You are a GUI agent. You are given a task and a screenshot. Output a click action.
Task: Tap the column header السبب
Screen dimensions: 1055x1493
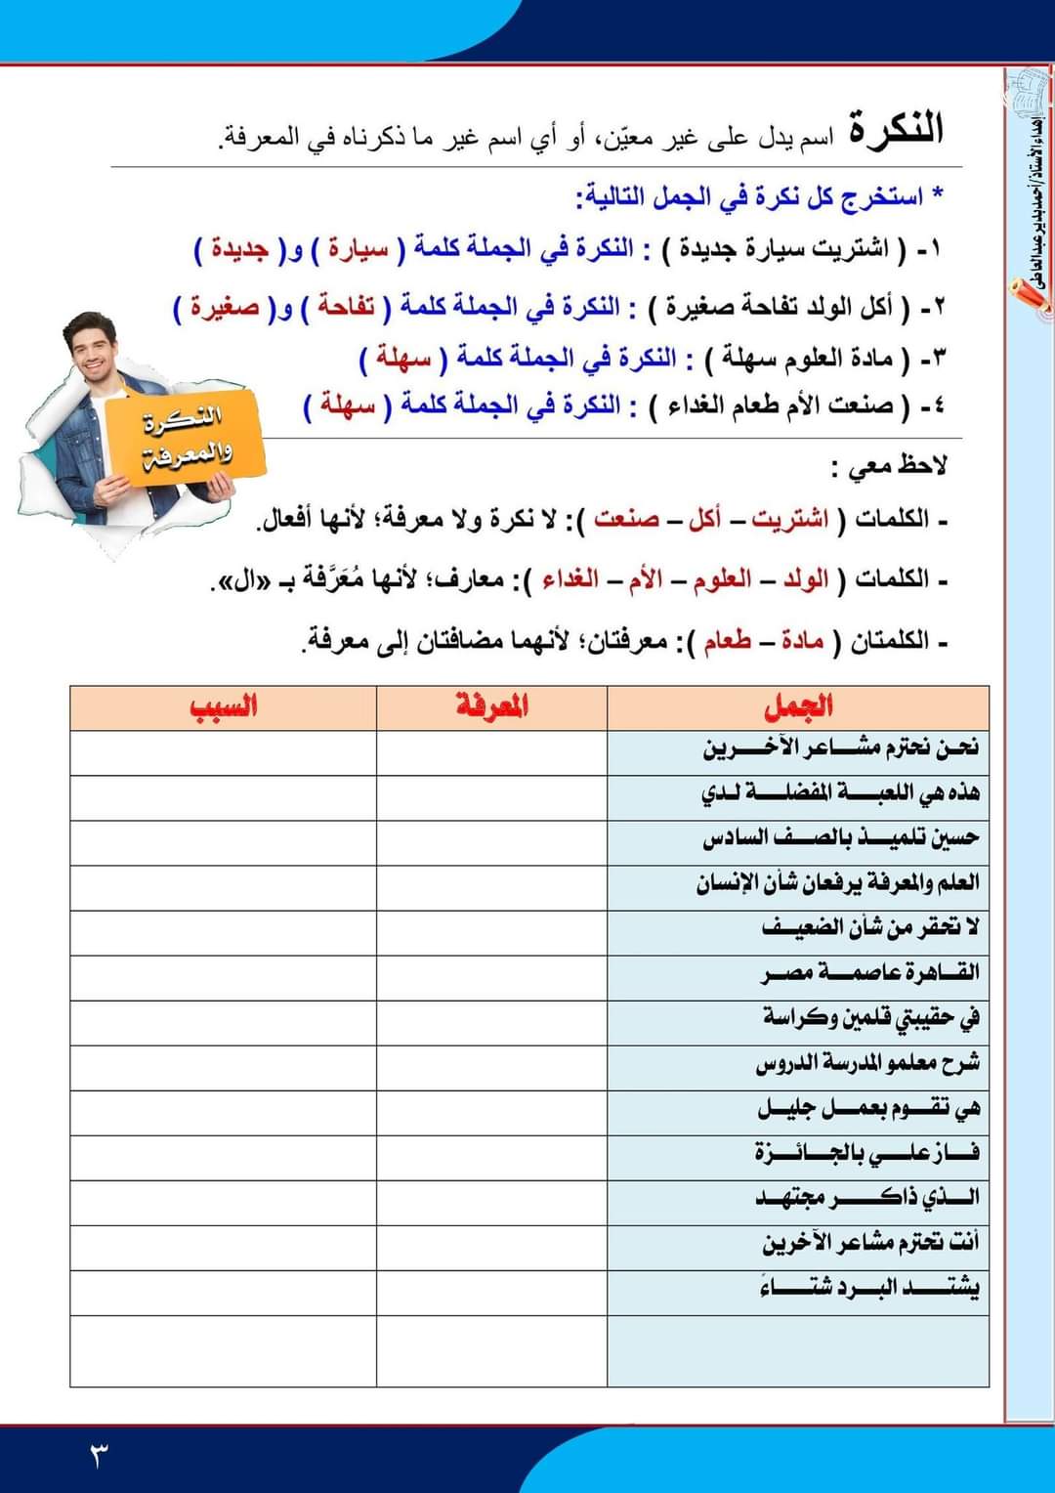[x=224, y=706]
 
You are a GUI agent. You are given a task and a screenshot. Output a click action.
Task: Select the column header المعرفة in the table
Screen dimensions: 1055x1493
[x=491, y=706]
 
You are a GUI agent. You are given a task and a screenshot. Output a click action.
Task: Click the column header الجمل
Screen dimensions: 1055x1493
[x=798, y=706]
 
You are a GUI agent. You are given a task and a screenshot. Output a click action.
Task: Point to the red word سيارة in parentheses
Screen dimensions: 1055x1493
[x=359, y=248]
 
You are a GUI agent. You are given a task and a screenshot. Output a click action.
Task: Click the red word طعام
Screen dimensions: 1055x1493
[x=727, y=642]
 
